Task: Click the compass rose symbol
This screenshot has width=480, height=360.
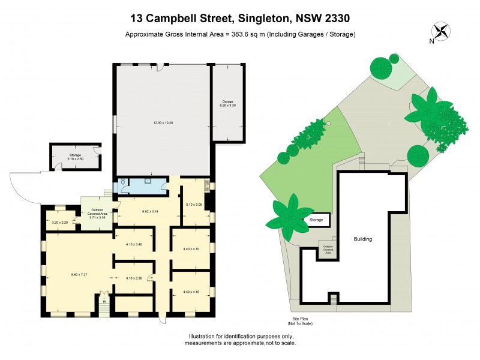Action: pos(440,31)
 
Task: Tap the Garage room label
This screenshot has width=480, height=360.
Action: pos(227,103)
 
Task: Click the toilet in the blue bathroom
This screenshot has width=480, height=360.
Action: pos(122,182)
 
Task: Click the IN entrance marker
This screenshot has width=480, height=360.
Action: pos(104,301)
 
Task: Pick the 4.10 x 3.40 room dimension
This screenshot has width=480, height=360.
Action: pos(134,244)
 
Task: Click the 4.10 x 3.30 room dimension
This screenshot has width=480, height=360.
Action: pos(134,278)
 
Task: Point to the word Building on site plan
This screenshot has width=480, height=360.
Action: pos(362,239)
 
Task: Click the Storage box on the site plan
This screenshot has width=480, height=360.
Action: pos(316,220)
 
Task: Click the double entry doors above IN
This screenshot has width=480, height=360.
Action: pos(104,295)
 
